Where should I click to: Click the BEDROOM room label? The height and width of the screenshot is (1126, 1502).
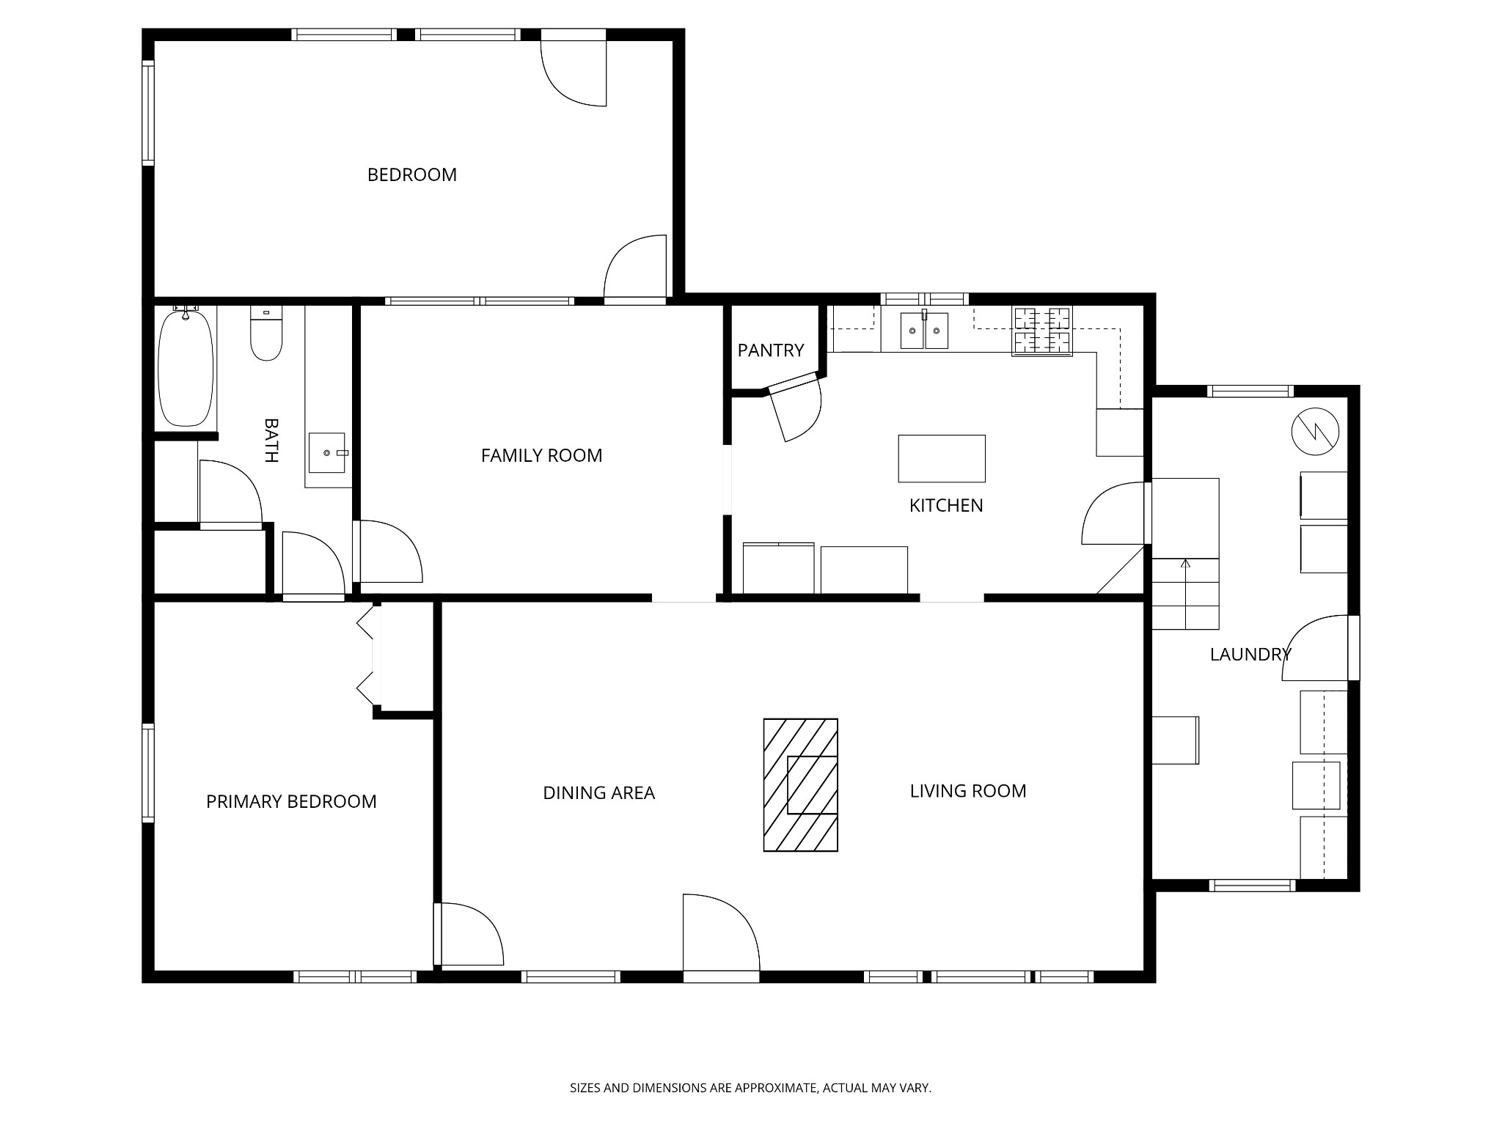pos(411,174)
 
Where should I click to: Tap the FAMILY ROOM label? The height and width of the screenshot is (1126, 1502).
pos(541,455)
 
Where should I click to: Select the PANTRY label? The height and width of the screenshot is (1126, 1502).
pos(771,350)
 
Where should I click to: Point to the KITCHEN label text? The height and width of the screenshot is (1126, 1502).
pos(946,505)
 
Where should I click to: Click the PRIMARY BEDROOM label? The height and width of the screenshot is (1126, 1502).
pos(291,801)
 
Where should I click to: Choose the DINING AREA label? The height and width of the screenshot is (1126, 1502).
pos(598,792)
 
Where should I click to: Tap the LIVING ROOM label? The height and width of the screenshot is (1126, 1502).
pos(968,791)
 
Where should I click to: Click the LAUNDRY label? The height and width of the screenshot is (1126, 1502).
pos(1250,655)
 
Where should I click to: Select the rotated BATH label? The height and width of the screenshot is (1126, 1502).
pos(271,441)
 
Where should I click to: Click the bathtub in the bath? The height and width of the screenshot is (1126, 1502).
pos(186,367)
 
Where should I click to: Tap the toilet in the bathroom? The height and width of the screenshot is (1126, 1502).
pos(266,334)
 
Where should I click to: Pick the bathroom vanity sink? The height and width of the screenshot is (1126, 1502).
pos(327,453)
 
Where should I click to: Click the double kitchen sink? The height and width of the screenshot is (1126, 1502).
pos(924,330)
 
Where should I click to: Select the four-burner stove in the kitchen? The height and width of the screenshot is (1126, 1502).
pos(1042,331)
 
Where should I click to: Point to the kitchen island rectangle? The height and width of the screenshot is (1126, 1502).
pos(942,459)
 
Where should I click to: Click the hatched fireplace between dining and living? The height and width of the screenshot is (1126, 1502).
pos(801,785)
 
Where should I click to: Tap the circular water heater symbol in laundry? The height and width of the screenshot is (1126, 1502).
pos(1316,432)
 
